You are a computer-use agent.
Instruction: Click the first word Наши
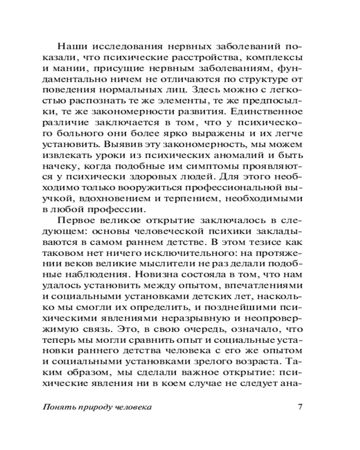click(71, 46)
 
